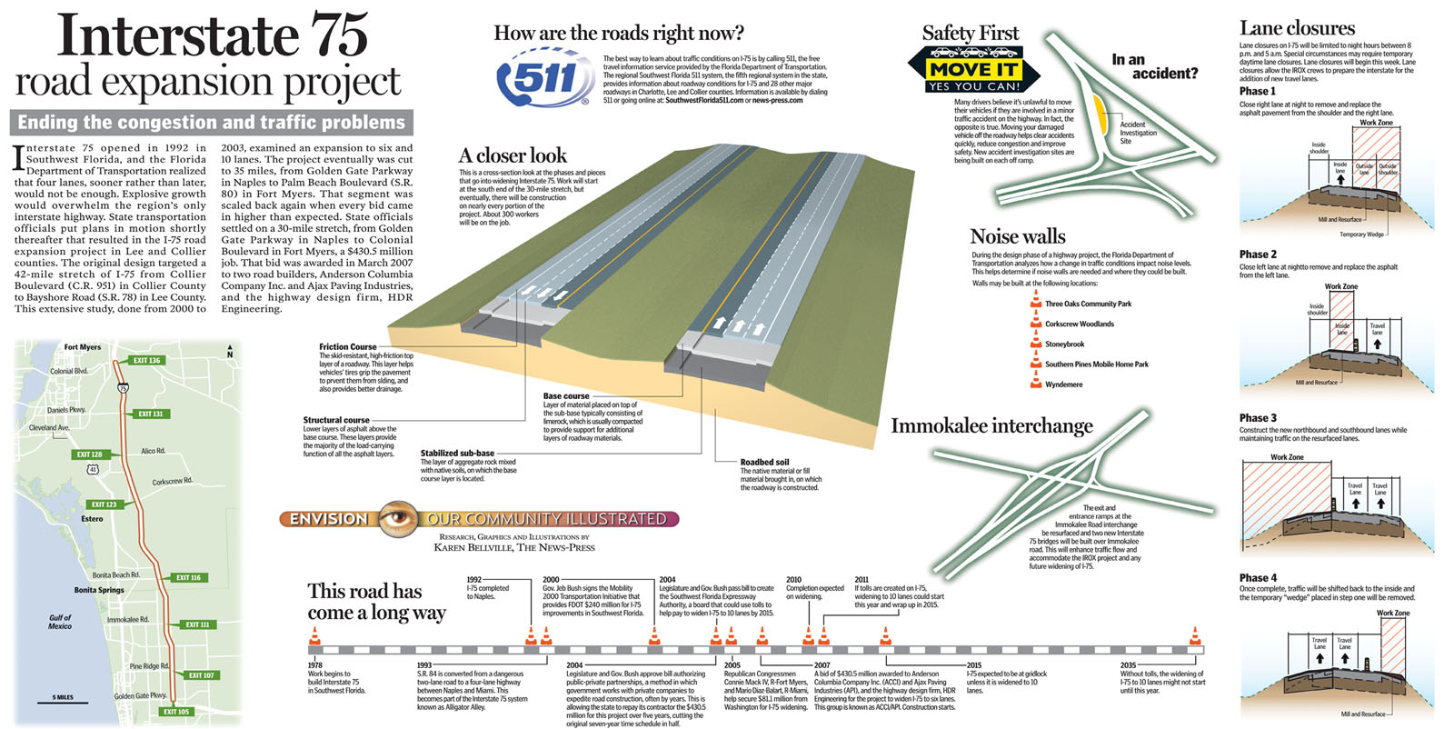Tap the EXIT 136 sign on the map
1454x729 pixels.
coord(146,361)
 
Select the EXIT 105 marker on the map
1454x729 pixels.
coord(175,712)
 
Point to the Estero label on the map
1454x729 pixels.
coord(92,519)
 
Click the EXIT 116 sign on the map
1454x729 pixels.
coord(188,578)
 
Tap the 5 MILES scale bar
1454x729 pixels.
coord(63,698)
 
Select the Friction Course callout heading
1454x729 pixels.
coord(347,346)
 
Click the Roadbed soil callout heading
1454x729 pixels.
coord(764,462)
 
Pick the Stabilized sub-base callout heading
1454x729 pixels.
coord(457,453)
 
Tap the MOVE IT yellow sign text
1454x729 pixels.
coord(973,69)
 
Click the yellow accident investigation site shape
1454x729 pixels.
coord(1100,113)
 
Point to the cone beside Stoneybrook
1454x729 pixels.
coord(1035,343)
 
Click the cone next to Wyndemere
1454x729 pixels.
coord(1035,383)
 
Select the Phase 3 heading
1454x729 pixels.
coord(1258,418)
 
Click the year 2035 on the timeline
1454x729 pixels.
coord(1128,665)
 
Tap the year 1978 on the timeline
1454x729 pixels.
coord(314,665)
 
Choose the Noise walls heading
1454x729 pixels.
coord(1017,237)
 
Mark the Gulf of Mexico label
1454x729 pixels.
coord(60,622)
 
